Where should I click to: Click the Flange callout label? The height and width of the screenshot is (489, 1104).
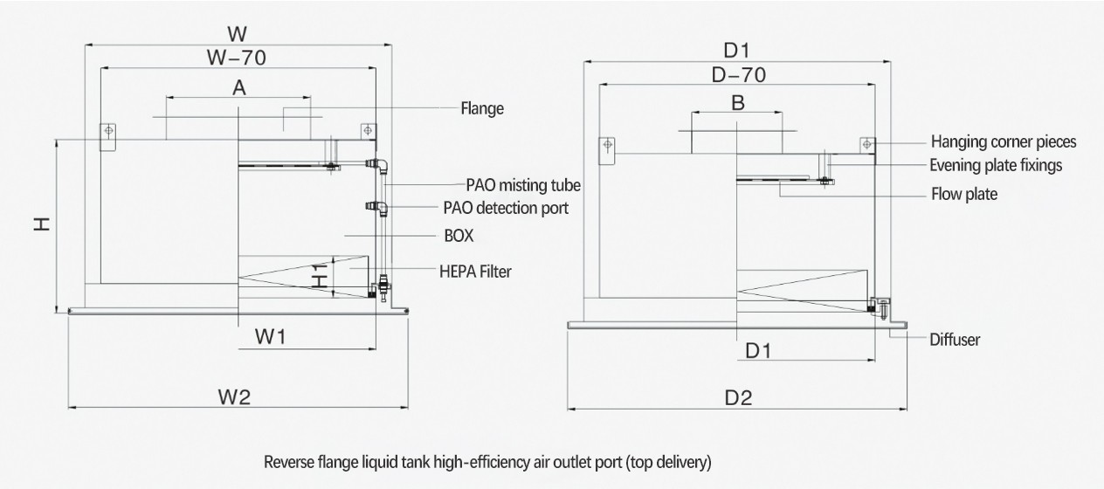pos(482,109)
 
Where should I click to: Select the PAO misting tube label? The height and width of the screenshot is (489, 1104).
pos(523,185)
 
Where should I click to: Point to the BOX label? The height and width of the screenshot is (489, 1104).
pos(459,236)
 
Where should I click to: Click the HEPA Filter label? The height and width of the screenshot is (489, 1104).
pos(474,272)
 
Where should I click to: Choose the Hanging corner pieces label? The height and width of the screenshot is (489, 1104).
pos(1004,141)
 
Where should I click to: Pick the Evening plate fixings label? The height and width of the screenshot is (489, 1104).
pos(996,164)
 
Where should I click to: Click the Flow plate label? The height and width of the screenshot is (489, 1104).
pos(963,194)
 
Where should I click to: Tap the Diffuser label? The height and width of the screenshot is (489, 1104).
pos(955,340)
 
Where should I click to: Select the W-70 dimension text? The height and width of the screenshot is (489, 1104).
pos(236,58)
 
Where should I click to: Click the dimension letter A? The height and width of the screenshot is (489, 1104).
pos(238,87)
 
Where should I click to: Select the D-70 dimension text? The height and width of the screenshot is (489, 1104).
pos(738,75)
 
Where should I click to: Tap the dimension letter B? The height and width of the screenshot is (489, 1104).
pos(738,103)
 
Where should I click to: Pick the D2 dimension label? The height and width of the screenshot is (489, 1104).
pos(738,398)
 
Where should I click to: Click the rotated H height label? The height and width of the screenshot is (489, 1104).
pos(40,224)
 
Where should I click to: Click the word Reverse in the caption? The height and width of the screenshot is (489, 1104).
pos(287,462)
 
